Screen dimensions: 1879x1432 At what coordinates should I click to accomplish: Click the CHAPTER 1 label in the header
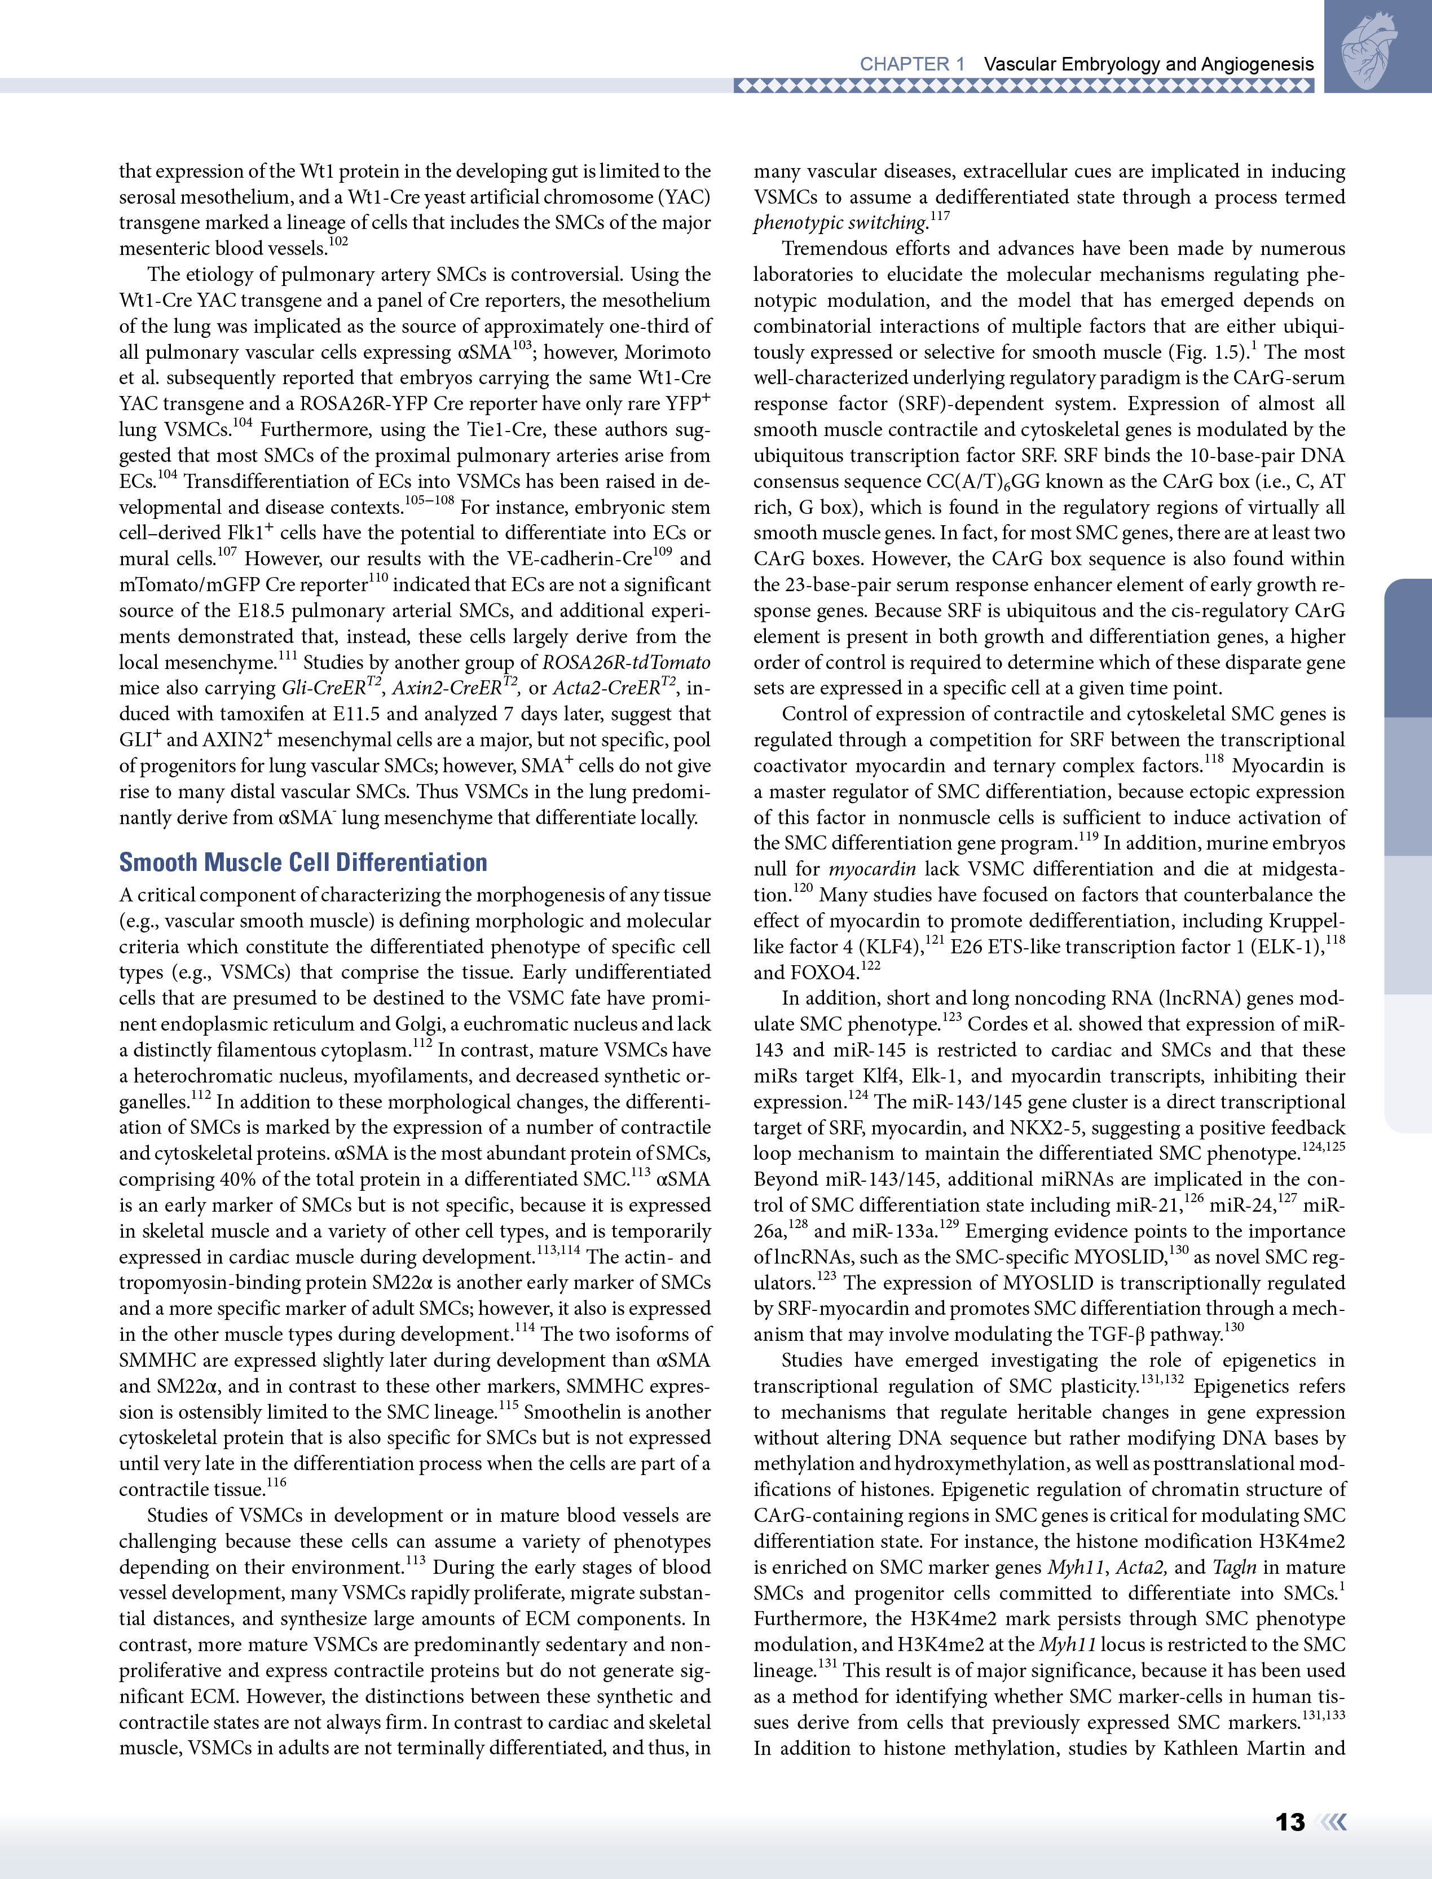click(912, 64)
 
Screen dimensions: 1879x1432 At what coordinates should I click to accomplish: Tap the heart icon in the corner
click(1370, 51)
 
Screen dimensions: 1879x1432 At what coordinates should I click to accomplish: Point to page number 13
click(1290, 1822)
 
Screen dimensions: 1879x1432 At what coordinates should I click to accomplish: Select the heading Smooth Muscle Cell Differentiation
click(303, 862)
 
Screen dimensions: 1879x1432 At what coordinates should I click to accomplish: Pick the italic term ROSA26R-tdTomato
click(627, 662)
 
